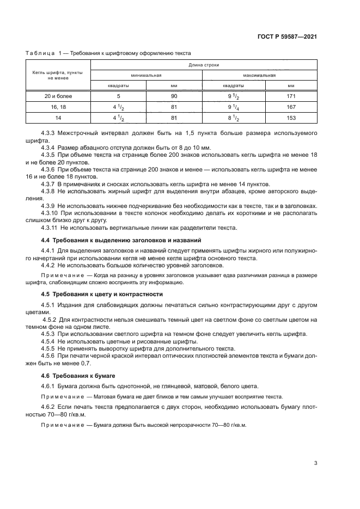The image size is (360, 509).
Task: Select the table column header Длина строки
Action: (x=204, y=65)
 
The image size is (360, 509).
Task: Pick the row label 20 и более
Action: (x=58, y=96)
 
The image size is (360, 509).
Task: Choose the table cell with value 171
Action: (x=291, y=96)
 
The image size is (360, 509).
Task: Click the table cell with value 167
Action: (x=291, y=107)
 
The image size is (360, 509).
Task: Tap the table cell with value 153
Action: (x=291, y=118)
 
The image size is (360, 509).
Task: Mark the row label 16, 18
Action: (x=58, y=107)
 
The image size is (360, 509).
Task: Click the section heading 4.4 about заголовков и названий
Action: (x=121, y=240)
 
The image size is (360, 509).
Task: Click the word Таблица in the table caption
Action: (x=40, y=53)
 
